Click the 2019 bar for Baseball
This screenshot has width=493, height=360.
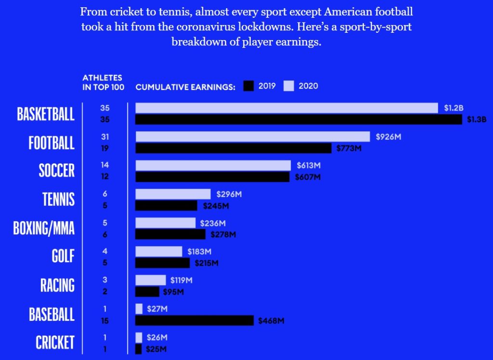pos(194,320)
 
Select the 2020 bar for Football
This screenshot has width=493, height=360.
pos(252,137)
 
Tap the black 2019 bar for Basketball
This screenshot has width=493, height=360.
pos(298,120)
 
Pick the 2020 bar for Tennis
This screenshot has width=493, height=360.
pos(173,194)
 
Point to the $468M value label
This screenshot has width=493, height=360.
pos(271,321)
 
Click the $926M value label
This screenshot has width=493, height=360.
pos(388,137)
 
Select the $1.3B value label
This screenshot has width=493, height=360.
pos(477,120)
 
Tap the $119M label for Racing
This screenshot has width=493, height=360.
pos(182,280)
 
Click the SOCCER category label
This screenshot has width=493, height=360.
pos(57,171)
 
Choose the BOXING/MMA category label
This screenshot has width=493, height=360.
pos(44,227)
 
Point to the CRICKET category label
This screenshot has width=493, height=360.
pos(55,342)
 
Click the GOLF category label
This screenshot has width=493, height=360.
pos(63,256)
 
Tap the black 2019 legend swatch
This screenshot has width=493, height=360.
pos(248,86)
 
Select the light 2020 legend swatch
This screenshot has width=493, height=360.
pos(289,86)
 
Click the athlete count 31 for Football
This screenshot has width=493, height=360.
pos(105,137)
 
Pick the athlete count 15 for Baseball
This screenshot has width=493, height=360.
pos(105,320)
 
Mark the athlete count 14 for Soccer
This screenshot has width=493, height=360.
pos(105,165)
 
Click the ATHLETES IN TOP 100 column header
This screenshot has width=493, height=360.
pos(103,82)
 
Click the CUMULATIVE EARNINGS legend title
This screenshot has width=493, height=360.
pos(185,87)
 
